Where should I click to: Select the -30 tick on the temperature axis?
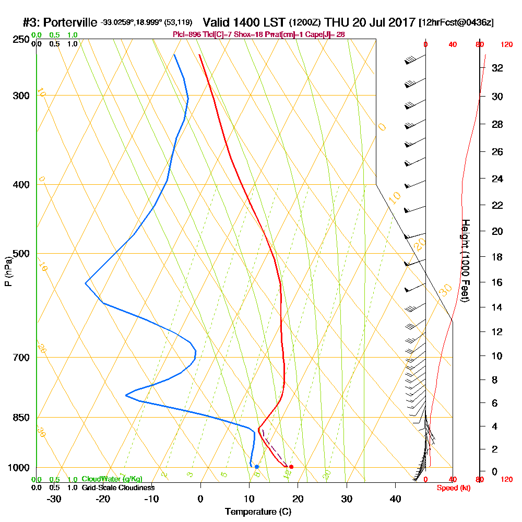(54, 499)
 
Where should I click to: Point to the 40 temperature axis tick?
(395, 499)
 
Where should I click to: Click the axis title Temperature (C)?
(258, 512)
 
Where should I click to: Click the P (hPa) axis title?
(8, 271)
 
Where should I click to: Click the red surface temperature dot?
(291, 467)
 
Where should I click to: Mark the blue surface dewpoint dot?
(256, 467)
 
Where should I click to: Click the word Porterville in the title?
(70, 23)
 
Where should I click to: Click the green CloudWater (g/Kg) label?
(112, 479)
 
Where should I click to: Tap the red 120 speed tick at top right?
(506, 45)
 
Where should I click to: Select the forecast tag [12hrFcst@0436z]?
(456, 23)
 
